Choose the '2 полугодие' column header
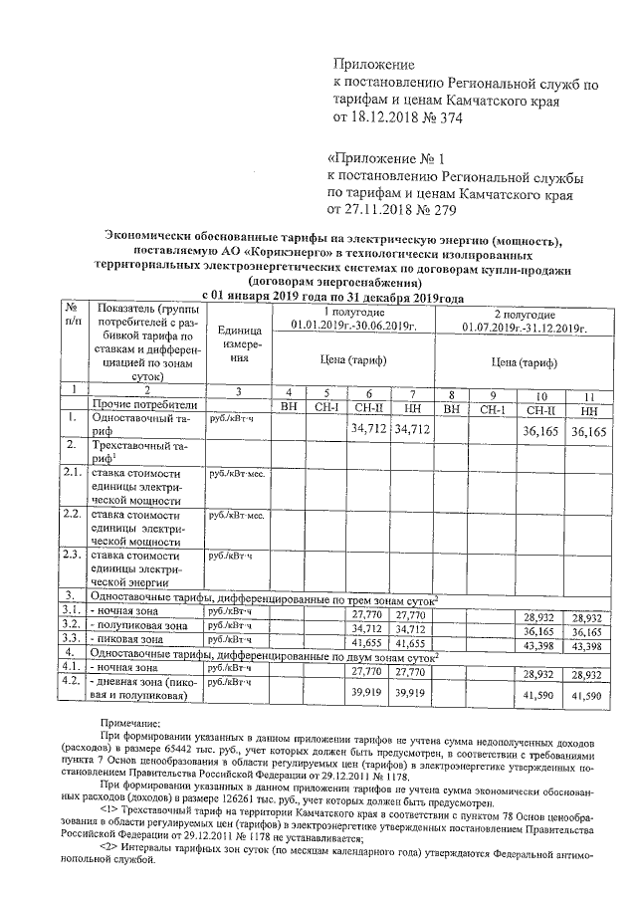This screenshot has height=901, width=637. tap(525, 312)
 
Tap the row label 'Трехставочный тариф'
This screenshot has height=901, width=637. tap(131, 454)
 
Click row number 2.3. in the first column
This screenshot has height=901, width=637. tap(72, 555)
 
